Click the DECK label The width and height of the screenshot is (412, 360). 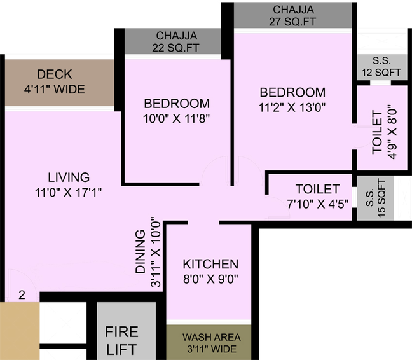pos(55,74)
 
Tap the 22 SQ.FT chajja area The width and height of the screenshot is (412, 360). pos(173,41)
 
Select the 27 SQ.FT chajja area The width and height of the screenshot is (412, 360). pos(292,15)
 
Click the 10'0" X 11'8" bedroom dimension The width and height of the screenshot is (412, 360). pos(177,119)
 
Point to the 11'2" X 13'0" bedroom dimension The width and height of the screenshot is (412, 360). pos(292,107)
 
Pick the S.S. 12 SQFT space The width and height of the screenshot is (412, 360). pos(381,67)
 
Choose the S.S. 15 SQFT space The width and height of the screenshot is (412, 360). pos(375,198)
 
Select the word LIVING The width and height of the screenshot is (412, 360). pos(69,177)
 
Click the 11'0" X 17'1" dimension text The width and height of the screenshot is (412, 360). pos(68,192)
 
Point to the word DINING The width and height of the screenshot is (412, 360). pos(141,252)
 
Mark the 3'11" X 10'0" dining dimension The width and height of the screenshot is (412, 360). pos(156,252)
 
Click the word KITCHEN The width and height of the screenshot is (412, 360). pos(210,264)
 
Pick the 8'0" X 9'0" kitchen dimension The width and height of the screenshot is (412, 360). pos(210,279)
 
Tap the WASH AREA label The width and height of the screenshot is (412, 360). pos(212,337)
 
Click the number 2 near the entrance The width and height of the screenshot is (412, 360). pos(22,295)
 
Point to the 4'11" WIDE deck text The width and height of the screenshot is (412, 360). pos(55,89)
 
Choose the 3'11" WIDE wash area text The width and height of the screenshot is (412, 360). pos(212,349)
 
